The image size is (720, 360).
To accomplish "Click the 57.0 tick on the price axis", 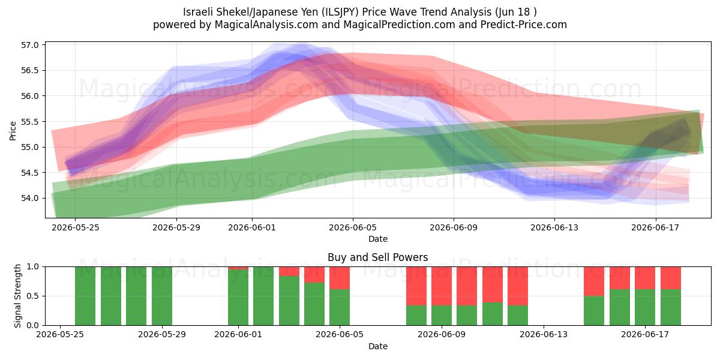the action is coord(29,45).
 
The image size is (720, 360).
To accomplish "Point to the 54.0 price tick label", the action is coord(29,199).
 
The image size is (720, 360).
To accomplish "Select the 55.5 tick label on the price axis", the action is coord(29,122).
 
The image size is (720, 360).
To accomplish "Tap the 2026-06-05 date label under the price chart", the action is coord(353,227).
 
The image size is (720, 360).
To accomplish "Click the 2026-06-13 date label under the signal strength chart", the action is coord(544,334).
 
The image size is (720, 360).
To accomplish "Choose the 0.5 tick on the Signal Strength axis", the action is coord(32,296).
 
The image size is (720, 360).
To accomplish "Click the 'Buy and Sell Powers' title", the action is coord(377,257).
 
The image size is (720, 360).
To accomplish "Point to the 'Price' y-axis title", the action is coord(13,131).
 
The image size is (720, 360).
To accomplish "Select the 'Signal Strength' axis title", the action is coord(17,296).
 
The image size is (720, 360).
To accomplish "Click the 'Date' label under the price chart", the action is coord(377,239).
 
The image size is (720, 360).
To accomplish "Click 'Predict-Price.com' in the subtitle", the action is coord(524,25).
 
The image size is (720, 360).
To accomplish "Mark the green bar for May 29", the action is coord(161,296).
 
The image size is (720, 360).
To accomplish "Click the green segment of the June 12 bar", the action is coord(518,315).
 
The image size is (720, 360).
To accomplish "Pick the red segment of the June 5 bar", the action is coord(340,278).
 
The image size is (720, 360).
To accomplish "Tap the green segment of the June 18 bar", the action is coord(671,307).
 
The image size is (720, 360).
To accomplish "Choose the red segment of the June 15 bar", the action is coord(594,281).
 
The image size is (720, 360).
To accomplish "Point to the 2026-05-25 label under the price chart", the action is coord(76,227).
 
